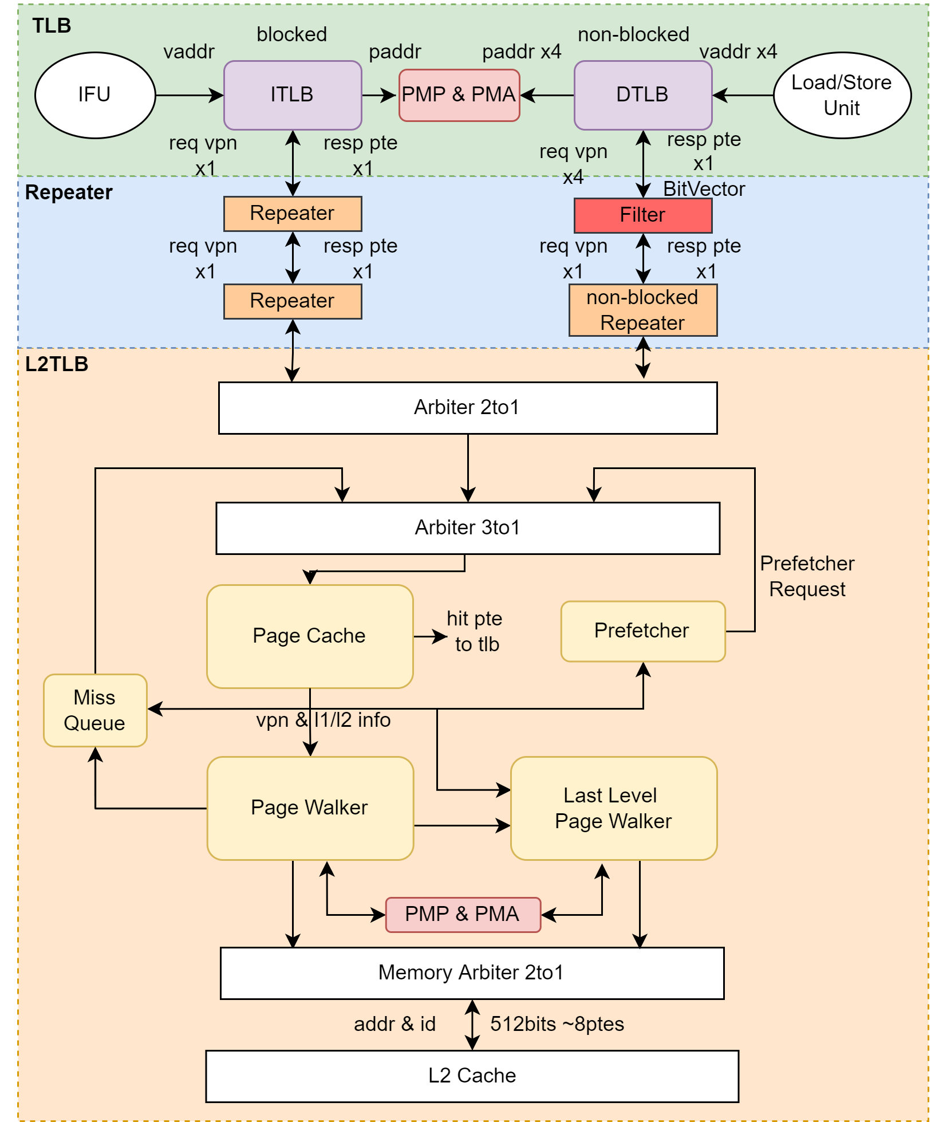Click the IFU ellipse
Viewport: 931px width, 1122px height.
pyautogui.click(x=95, y=95)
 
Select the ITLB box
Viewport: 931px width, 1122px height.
pyautogui.click(x=293, y=95)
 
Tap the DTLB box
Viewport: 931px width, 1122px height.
pyautogui.click(x=642, y=95)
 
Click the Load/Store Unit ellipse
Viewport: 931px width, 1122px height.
pyautogui.click(x=842, y=95)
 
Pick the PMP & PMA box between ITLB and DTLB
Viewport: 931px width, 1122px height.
pyautogui.click(x=459, y=95)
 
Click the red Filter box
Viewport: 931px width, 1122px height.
pyautogui.click(x=642, y=215)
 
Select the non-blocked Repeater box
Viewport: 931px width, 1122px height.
pyautogui.click(x=642, y=310)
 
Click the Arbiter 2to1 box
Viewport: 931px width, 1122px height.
pyautogui.click(x=467, y=408)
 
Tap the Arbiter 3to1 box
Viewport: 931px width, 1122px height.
pyautogui.click(x=467, y=528)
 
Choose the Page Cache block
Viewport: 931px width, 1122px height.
pyautogui.click(x=309, y=636)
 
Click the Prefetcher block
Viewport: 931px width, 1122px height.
pyautogui.click(x=642, y=631)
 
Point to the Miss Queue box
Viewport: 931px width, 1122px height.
pyautogui.click(x=95, y=710)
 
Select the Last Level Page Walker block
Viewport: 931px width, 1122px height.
pyautogui.click(x=613, y=808)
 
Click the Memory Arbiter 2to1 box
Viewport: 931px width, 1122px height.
pyautogui.click(x=472, y=973)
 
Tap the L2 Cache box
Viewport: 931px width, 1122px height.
pyautogui.click(x=472, y=1076)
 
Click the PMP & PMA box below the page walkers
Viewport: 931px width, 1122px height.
pyautogui.click(x=463, y=915)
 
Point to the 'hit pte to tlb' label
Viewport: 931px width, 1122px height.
pyautogui.click(x=475, y=631)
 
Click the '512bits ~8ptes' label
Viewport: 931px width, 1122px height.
pyautogui.click(x=557, y=1024)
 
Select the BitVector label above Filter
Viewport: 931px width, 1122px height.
pyautogui.click(x=704, y=189)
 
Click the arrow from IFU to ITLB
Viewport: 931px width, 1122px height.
pyautogui.click(x=189, y=95)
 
